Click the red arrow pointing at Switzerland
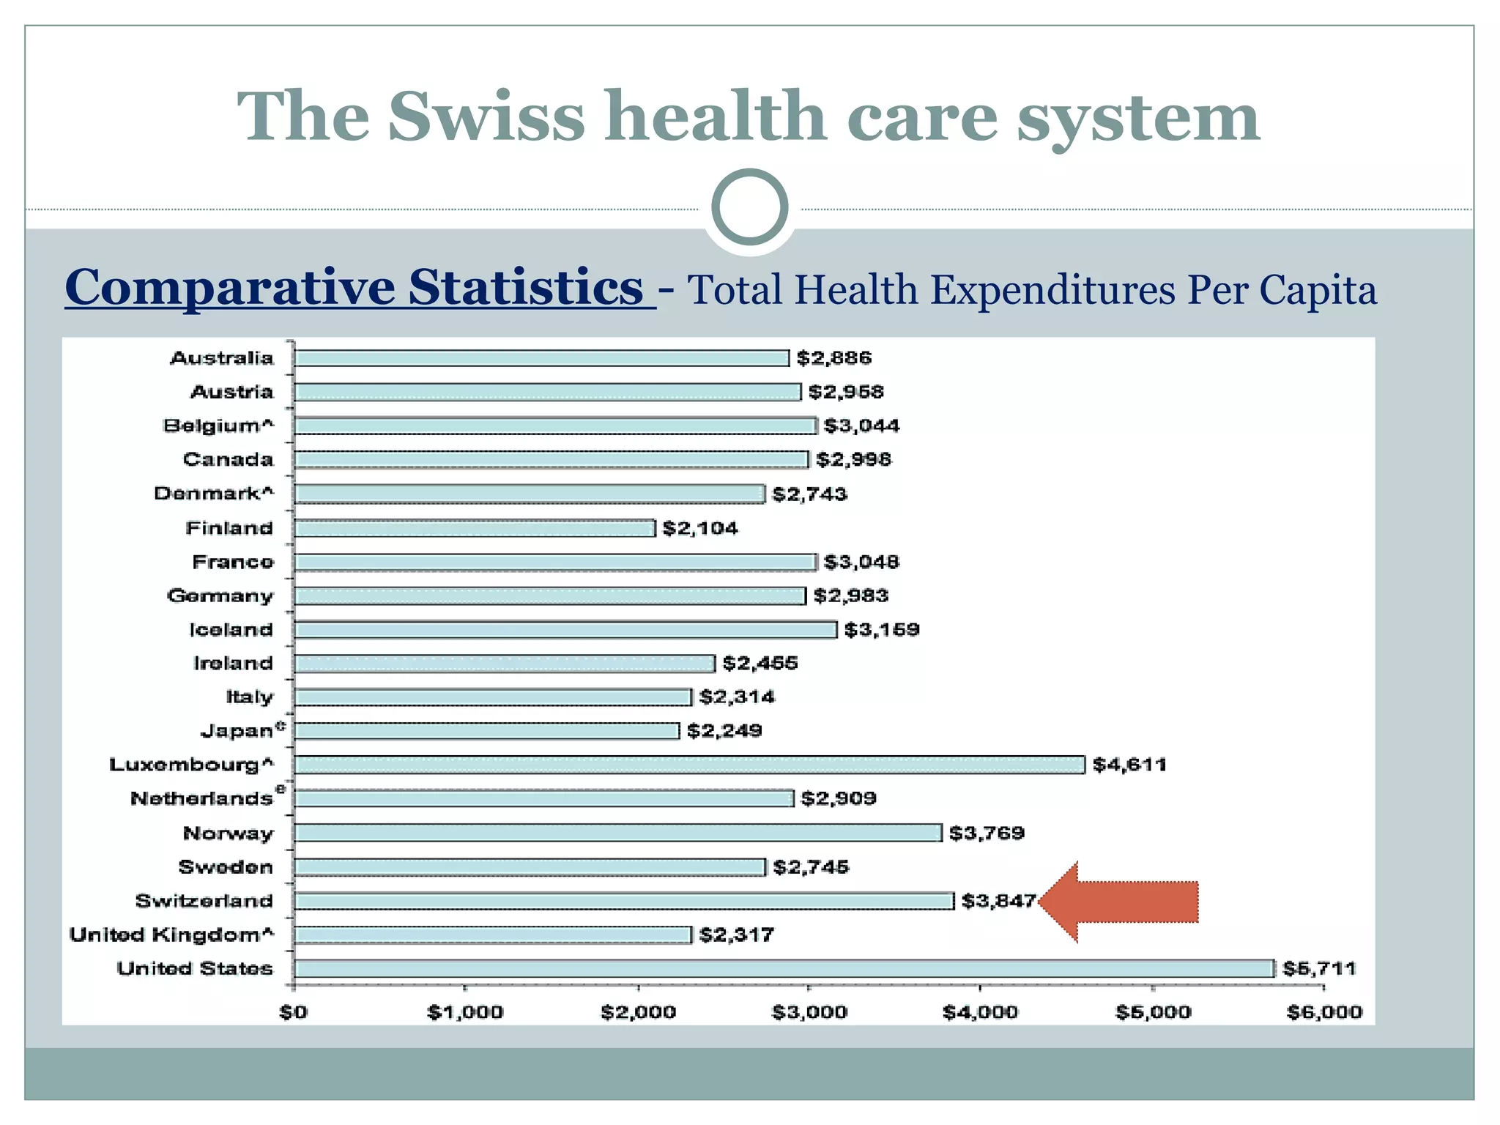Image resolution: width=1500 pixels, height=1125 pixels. click(x=1121, y=902)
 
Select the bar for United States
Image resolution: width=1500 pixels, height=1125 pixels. click(x=784, y=968)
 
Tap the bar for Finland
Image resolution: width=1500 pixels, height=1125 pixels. click(x=475, y=528)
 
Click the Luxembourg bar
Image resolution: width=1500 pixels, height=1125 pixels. click(x=688, y=765)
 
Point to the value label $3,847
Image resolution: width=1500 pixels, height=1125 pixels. click(x=998, y=901)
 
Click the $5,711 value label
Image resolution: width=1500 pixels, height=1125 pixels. click(x=1319, y=968)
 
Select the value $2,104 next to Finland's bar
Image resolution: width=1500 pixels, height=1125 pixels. click(x=700, y=528)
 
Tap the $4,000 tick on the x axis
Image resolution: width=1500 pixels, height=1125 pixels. click(x=980, y=1012)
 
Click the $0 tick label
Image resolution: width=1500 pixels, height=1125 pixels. click(x=294, y=1012)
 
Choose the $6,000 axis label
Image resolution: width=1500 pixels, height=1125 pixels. click(x=1324, y=1012)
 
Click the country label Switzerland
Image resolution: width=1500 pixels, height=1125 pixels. click(x=204, y=901)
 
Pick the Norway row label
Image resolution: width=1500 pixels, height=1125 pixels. click(x=228, y=833)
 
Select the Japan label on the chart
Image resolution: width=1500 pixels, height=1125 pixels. click(x=237, y=731)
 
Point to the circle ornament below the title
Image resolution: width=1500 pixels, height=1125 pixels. click(x=750, y=207)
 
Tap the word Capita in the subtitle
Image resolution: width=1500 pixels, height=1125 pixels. click(x=1318, y=290)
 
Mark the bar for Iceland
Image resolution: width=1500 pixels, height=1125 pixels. click(x=565, y=630)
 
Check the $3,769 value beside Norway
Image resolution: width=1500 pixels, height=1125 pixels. click(x=987, y=833)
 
